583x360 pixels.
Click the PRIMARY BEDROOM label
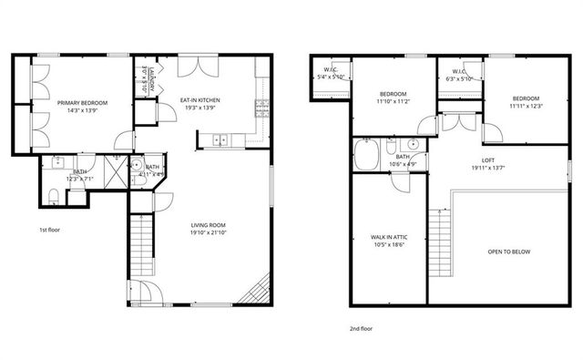click(x=83, y=103)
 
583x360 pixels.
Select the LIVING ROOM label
click(x=208, y=224)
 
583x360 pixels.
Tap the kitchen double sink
click(x=219, y=139)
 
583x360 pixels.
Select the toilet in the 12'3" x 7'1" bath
click(x=53, y=194)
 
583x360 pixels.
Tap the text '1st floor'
click(x=50, y=230)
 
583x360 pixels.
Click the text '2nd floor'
click(x=360, y=328)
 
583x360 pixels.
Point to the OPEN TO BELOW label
click(x=508, y=251)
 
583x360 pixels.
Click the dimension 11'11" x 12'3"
click(x=526, y=107)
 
